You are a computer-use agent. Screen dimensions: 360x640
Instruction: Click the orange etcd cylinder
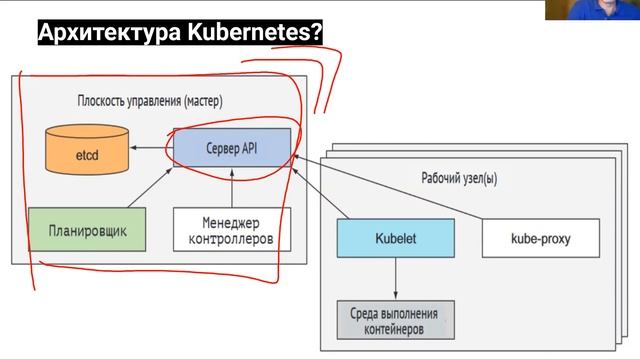coord(86,150)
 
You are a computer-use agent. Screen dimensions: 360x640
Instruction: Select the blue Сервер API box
coord(231,148)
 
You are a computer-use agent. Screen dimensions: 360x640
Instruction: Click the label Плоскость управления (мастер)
coord(149,101)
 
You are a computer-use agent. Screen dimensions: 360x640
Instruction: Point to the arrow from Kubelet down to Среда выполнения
coord(395,278)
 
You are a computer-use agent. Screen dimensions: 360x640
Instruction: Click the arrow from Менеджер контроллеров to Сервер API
coord(231,188)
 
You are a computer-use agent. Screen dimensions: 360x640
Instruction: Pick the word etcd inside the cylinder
coord(87,154)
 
